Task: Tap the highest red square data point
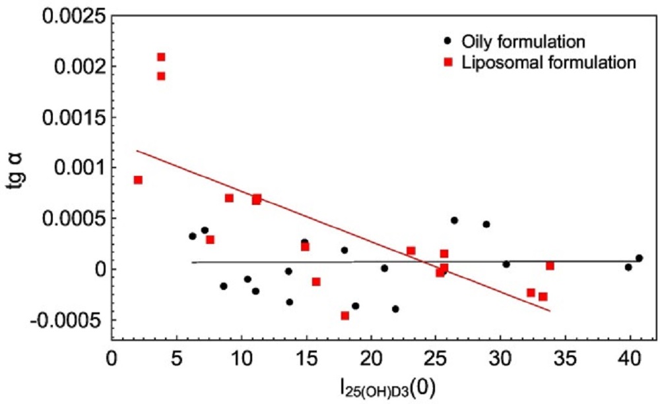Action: pos(161,57)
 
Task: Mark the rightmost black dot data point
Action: pos(639,258)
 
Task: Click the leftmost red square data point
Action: pos(138,180)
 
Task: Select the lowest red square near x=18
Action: pos(345,316)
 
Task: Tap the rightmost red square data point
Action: pos(550,266)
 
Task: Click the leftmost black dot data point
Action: pos(193,236)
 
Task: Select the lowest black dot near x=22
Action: pos(395,308)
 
